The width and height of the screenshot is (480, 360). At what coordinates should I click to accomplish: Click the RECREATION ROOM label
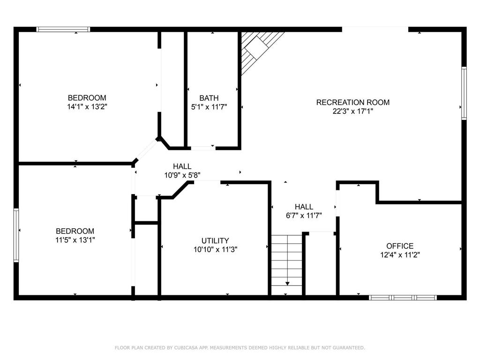click(352, 102)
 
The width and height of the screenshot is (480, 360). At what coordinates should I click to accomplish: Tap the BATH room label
click(209, 98)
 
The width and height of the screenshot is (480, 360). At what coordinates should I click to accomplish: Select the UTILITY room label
click(215, 240)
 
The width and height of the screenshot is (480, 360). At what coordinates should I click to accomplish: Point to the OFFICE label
click(400, 246)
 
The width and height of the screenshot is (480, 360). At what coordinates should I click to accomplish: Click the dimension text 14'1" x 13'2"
click(87, 107)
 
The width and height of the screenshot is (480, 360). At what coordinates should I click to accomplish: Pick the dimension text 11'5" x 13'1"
click(75, 240)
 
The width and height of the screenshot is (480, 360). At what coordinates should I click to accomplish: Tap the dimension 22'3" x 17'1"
click(352, 111)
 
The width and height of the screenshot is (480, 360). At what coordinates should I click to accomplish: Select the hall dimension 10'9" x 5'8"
click(182, 175)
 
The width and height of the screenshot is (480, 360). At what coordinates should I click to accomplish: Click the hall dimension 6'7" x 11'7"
click(304, 216)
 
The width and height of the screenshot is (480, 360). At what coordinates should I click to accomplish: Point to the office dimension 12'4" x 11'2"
click(400, 255)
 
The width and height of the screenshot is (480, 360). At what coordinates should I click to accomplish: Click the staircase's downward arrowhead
click(287, 284)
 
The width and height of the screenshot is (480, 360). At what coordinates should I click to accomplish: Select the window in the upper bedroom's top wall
click(63, 30)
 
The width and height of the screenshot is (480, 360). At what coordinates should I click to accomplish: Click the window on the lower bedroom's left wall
click(16, 235)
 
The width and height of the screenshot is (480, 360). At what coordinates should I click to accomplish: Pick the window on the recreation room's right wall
click(464, 93)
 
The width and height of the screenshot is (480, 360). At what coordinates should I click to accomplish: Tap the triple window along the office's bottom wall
click(403, 298)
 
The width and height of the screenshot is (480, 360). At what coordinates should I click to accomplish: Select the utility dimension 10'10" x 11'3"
click(215, 249)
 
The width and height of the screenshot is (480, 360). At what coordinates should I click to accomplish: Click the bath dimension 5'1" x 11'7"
click(209, 107)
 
